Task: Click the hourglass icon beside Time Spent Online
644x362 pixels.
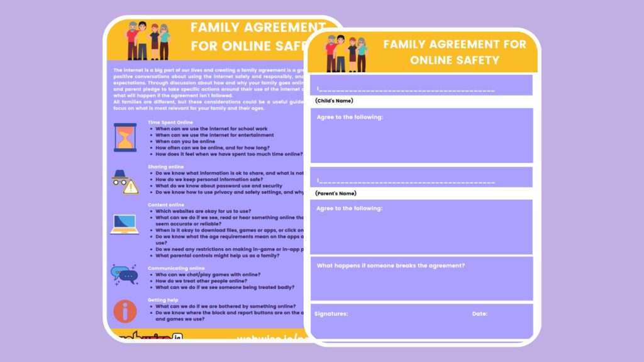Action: [x=125, y=137]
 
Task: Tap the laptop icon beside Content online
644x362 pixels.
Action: [x=125, y=224]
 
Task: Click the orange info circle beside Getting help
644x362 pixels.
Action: [x=125, y=311]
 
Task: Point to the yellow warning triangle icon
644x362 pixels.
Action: [x=131, y=187]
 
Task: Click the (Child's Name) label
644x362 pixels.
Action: [x=334, y=101]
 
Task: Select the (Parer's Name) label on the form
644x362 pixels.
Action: [x=335, y=193]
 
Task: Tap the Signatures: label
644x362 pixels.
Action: [x=331, y=313]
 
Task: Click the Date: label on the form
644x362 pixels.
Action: [x=480, y=313]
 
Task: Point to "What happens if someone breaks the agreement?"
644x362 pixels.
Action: [x=391, y=265]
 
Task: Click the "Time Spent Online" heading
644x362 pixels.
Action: [x=170, y=122]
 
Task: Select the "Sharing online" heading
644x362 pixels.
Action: [x=166, y=167]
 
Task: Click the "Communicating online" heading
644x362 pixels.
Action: [x=176, y=268]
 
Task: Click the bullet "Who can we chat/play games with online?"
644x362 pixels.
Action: [x=208, y=275]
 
